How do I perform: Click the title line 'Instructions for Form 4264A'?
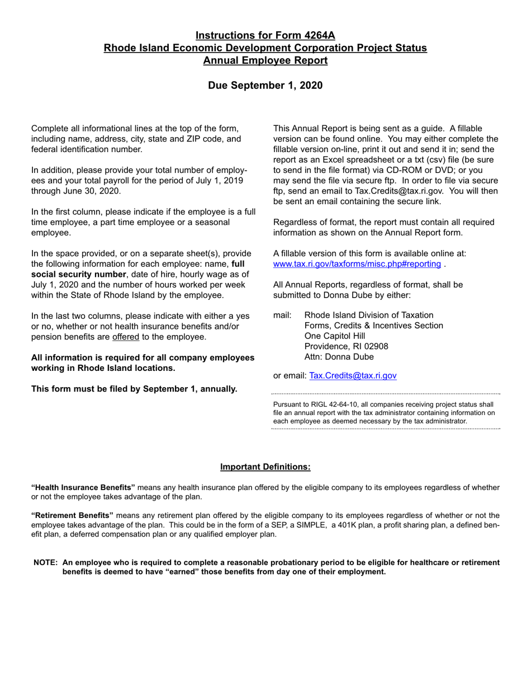(x=265, y=36)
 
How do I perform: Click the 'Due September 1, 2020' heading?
(x=265, y=85)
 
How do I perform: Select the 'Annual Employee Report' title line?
(x=265, y=60)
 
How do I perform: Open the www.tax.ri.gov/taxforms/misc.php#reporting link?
(x=357, y=263)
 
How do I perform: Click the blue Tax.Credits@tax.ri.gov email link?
(x=353, y=375)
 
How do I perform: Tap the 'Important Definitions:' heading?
(x=265, y=466)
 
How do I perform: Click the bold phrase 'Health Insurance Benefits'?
(x=83, y=487)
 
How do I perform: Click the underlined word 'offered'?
(x=126, y=337)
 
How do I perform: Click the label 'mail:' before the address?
(x=282, y=315)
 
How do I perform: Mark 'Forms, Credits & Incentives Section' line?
(x=373, y=326)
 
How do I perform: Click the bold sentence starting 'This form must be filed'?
(x=134, y=389)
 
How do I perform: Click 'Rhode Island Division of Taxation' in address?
(x=368, y=315)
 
